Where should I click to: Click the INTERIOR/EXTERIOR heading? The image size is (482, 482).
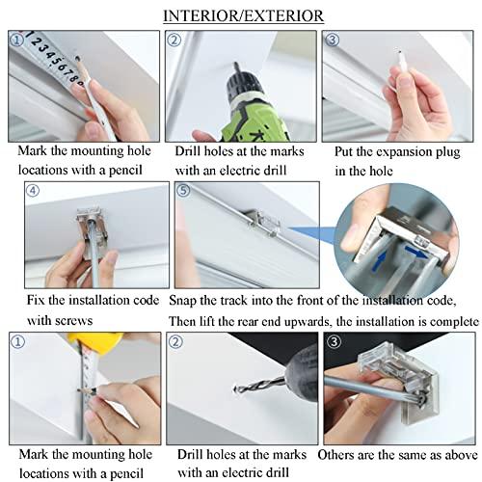point(243,16)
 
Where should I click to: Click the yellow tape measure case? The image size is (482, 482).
point(95,341)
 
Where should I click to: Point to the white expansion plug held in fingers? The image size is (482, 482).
point(402,61)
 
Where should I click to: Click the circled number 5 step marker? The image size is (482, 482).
point(183,191)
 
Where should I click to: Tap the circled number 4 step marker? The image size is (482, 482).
point(33,191)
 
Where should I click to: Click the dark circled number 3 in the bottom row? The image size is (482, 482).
point(334,341)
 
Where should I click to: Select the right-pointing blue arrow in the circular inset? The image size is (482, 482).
point(416,252)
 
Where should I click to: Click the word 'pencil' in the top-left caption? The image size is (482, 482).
point(125,171)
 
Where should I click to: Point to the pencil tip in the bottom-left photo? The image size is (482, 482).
point(79,390)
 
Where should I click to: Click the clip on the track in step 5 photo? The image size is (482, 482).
point(263,222)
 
